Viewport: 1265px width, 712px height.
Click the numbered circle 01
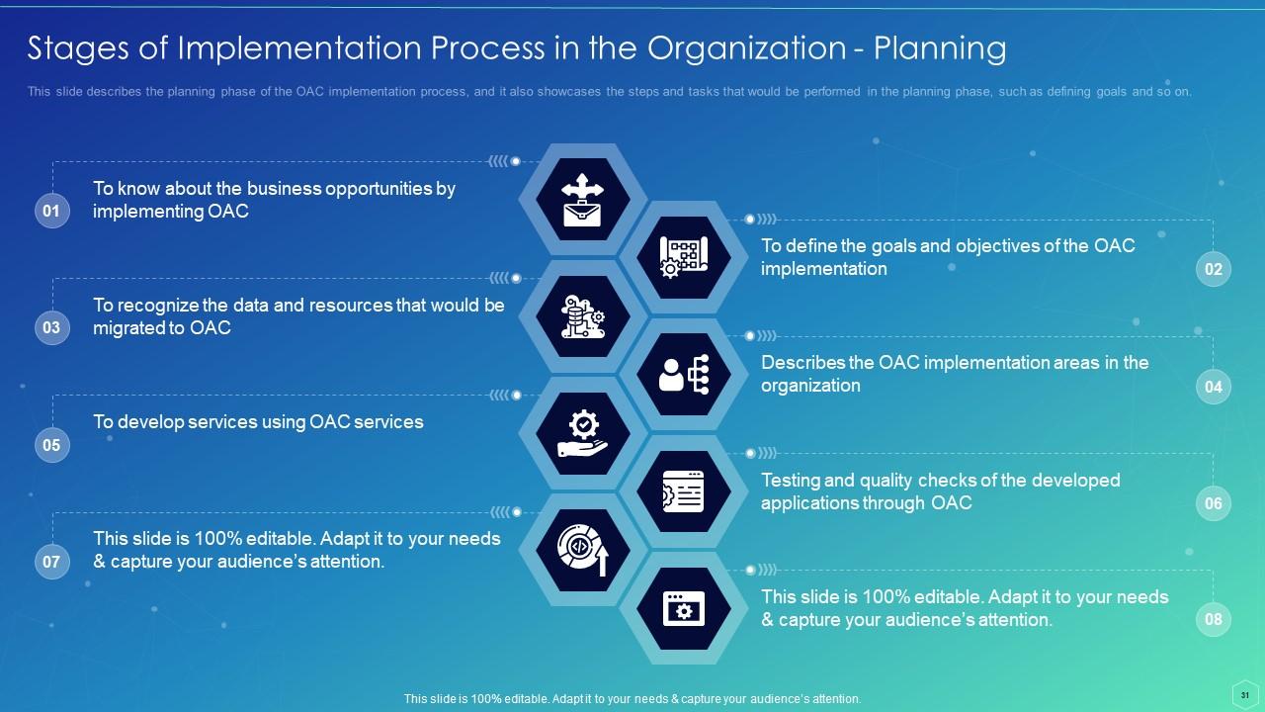(x=52, y=211)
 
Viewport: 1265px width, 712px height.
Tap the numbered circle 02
(x=1213, y=269)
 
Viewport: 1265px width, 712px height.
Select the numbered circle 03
(x=52, y=327)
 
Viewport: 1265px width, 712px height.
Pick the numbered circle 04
(x=1213, y=387)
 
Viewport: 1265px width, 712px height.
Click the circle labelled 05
(x=52, y=445)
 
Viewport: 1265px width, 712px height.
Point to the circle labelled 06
(x=1213, y=503)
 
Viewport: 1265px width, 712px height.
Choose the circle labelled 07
(x=52, y=563)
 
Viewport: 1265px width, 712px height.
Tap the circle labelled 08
(x=1213, y=620)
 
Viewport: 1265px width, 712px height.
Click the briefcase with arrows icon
(x=583, y=200)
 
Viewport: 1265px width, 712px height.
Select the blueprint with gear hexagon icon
(x=683, y=257)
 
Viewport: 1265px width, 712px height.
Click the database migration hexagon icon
(x=583, y=316)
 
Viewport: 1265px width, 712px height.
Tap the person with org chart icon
(x=683, y=375)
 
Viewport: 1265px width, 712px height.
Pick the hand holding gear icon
(x=583, y=434)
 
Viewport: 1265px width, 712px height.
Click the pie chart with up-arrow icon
(x=583, y=551)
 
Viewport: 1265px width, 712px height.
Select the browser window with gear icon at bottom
(x=683, y=609)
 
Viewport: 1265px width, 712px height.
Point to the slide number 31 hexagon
(x=1244, y=694)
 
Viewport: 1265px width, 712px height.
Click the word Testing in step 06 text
(x=790, y=481)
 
